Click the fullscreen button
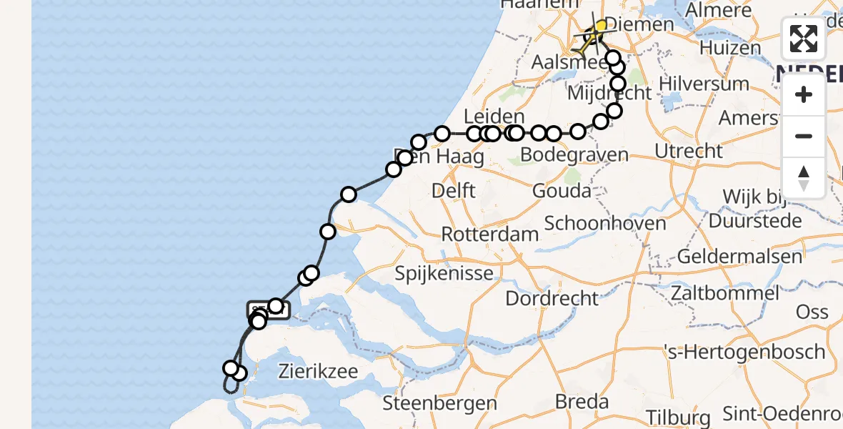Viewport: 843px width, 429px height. [x=804, y=39]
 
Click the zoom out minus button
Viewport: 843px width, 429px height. [x=804, y=136]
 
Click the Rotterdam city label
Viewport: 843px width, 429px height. [x=490, y=235]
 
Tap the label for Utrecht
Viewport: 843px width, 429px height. [x=689, y=151]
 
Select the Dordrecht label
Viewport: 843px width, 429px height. [x=552, y=298]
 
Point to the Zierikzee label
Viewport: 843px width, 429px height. [x=319, y=372]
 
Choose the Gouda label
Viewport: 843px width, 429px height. [x=562, y=191]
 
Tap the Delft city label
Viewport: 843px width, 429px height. [x=454, y=191]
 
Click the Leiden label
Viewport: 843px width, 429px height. [x=494, y=117]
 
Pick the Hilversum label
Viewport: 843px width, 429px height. [x=704, y=84]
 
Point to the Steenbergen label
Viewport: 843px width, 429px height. [x=439, y=403]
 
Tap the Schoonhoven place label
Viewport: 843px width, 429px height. [x=605, y=222]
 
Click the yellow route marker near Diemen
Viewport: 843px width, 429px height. [x=600, y=26]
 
